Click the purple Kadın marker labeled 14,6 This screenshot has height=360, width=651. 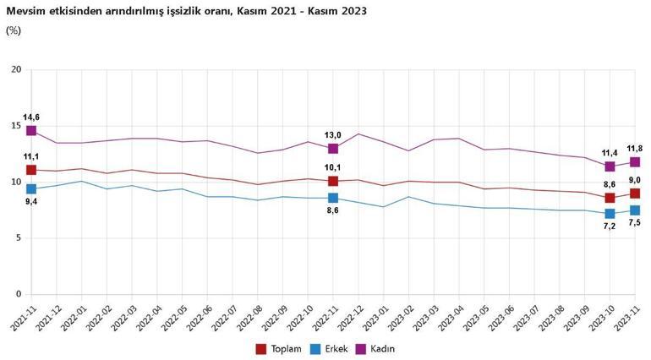point(31,131)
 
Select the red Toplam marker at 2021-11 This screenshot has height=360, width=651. point(31,170)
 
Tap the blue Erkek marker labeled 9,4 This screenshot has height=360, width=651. point(31,189)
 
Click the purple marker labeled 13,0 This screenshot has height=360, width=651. point(333,149)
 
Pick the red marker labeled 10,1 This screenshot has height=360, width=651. point(333,181)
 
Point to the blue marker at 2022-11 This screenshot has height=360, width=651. point(333,198)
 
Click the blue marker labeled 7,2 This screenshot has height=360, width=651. point(610,214)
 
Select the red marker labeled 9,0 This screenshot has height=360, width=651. point(635,194)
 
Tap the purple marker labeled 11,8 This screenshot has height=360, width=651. point(635,161)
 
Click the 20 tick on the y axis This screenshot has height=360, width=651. point(15,69)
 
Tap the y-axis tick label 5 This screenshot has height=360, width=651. point(18,238)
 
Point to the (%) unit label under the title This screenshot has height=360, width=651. point(14,30)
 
